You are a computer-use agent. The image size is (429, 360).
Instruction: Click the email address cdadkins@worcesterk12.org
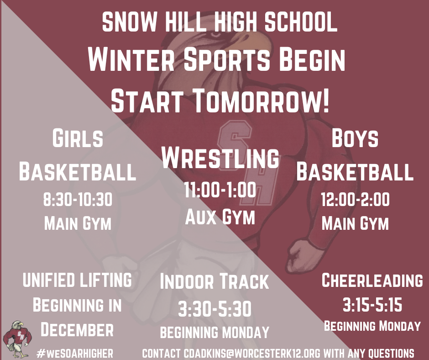[x=253, y=353]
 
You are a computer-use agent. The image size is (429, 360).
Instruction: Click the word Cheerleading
[x=372, y=280]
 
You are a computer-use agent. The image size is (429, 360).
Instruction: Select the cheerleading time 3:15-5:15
[x=372, y=304]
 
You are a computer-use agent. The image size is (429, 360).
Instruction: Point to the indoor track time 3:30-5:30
[x=214, y=309]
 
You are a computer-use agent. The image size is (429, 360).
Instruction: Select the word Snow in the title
[x=129, y=22]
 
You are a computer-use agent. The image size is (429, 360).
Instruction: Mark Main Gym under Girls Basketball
[x=77, y=224]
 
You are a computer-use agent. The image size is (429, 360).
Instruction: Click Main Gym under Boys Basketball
[x=355, y=224]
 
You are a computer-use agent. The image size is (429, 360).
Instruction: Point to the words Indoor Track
[x=214, y=282]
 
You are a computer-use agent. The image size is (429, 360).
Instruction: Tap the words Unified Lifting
[x=77, y=280]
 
